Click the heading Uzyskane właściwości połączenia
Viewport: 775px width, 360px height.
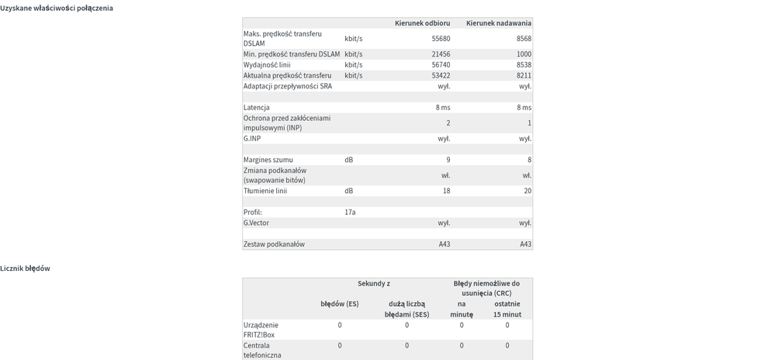pos(57,8)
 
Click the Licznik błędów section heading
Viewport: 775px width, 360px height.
pos(26,268)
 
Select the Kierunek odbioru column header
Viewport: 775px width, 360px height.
pos(422,23)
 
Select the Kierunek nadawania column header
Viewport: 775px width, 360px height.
pos(499,23)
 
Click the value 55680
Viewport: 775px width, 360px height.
pos(441,39)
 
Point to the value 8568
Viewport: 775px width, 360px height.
pos(524,39)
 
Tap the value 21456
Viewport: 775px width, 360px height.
pos(441,54)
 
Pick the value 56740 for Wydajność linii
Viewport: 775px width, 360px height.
pos(441,65)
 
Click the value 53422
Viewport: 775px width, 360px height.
pos(441,75)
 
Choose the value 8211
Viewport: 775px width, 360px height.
pos(524,75)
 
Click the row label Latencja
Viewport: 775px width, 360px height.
pos(257,108)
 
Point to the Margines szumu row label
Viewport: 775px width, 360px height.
pos(268,160)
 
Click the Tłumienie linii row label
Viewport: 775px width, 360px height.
pos(265,191)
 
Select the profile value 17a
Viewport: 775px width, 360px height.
pos(350,212)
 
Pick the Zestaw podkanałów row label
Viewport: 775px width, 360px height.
pos(274,244)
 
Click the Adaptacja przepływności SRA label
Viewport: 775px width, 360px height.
pos(288,86)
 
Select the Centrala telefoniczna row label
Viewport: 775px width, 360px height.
pos(262,350)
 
